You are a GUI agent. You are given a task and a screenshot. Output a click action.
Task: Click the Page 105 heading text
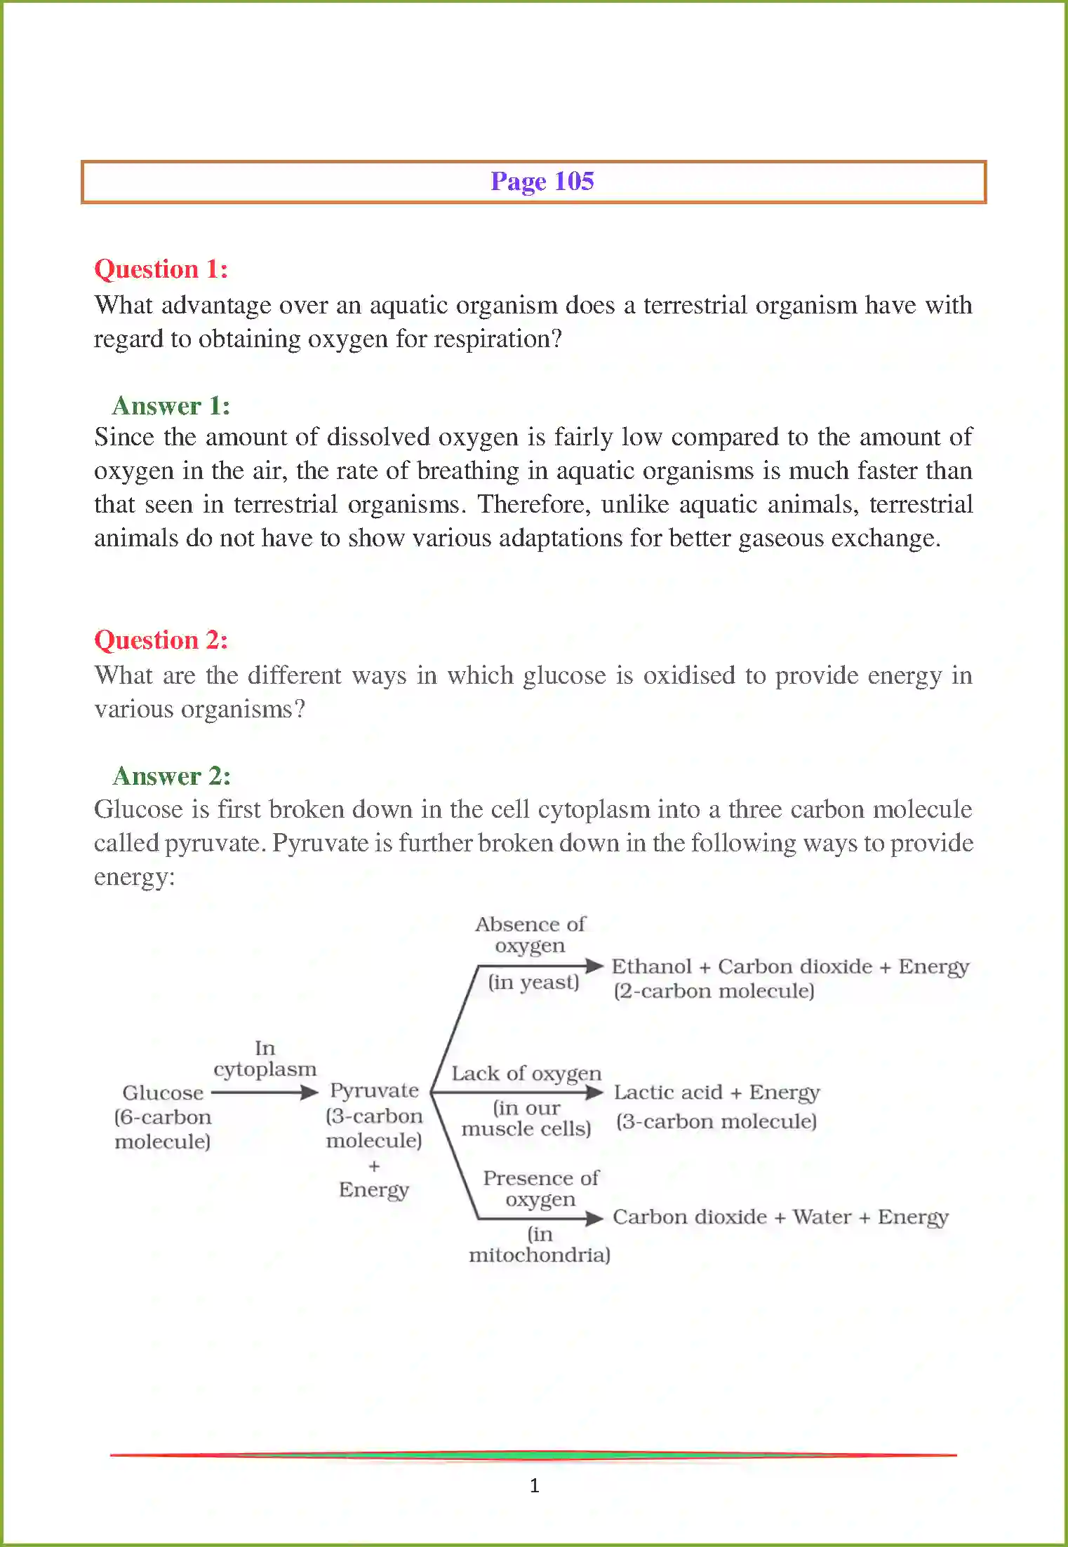coord(542,182)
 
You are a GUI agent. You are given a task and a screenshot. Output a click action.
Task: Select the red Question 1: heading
coord(161,269)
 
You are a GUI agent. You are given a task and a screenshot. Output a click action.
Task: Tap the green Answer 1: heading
coord(171,406)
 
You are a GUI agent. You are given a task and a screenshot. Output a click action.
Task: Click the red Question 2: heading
coord(161,640)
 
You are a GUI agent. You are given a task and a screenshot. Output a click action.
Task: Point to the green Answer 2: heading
coord(171,776)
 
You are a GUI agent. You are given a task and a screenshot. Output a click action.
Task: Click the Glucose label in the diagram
coord(163,1093)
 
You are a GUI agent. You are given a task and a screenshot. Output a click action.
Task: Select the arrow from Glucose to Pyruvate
coord(264,1092)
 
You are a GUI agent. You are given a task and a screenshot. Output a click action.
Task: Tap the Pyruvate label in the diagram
coord(374,1090)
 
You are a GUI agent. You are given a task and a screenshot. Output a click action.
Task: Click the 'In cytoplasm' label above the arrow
coord(265,1059)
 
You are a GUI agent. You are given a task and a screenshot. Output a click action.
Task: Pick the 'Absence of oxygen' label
coord(530,935)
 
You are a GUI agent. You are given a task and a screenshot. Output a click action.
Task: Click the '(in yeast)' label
coord(534,982)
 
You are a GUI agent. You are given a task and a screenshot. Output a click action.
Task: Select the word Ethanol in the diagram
coord(651,966)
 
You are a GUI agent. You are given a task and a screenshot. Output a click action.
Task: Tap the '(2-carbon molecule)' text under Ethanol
coord(714,991)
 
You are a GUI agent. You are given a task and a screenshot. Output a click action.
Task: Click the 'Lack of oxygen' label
coord(526,1074)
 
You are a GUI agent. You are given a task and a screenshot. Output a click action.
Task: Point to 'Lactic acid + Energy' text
coord(716,1093)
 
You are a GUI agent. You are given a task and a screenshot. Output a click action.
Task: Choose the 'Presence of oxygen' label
coord(540,1188)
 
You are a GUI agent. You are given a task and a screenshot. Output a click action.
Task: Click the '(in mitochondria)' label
coord(539,1244)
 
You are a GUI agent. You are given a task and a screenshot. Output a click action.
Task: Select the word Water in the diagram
coord(821,1217)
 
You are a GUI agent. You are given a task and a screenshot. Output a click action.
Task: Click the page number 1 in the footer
coord(534,1485)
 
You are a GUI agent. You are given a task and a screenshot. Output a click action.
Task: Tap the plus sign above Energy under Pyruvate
coord(374,1166)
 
